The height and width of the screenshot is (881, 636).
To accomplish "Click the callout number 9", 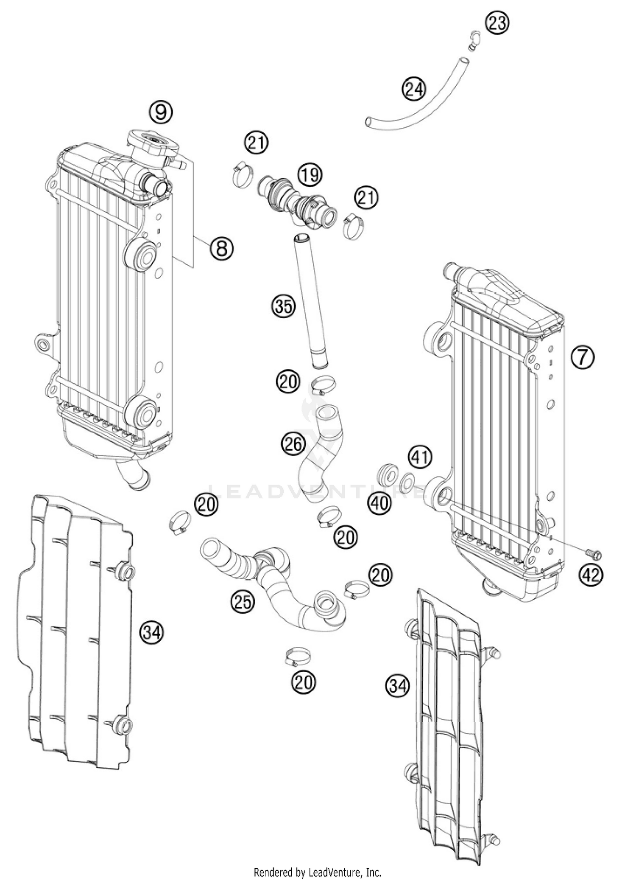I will tap(161, 112).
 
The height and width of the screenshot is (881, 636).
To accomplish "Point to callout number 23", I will tap(497, 23).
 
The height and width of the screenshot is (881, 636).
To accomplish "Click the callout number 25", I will tap(243, 602).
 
